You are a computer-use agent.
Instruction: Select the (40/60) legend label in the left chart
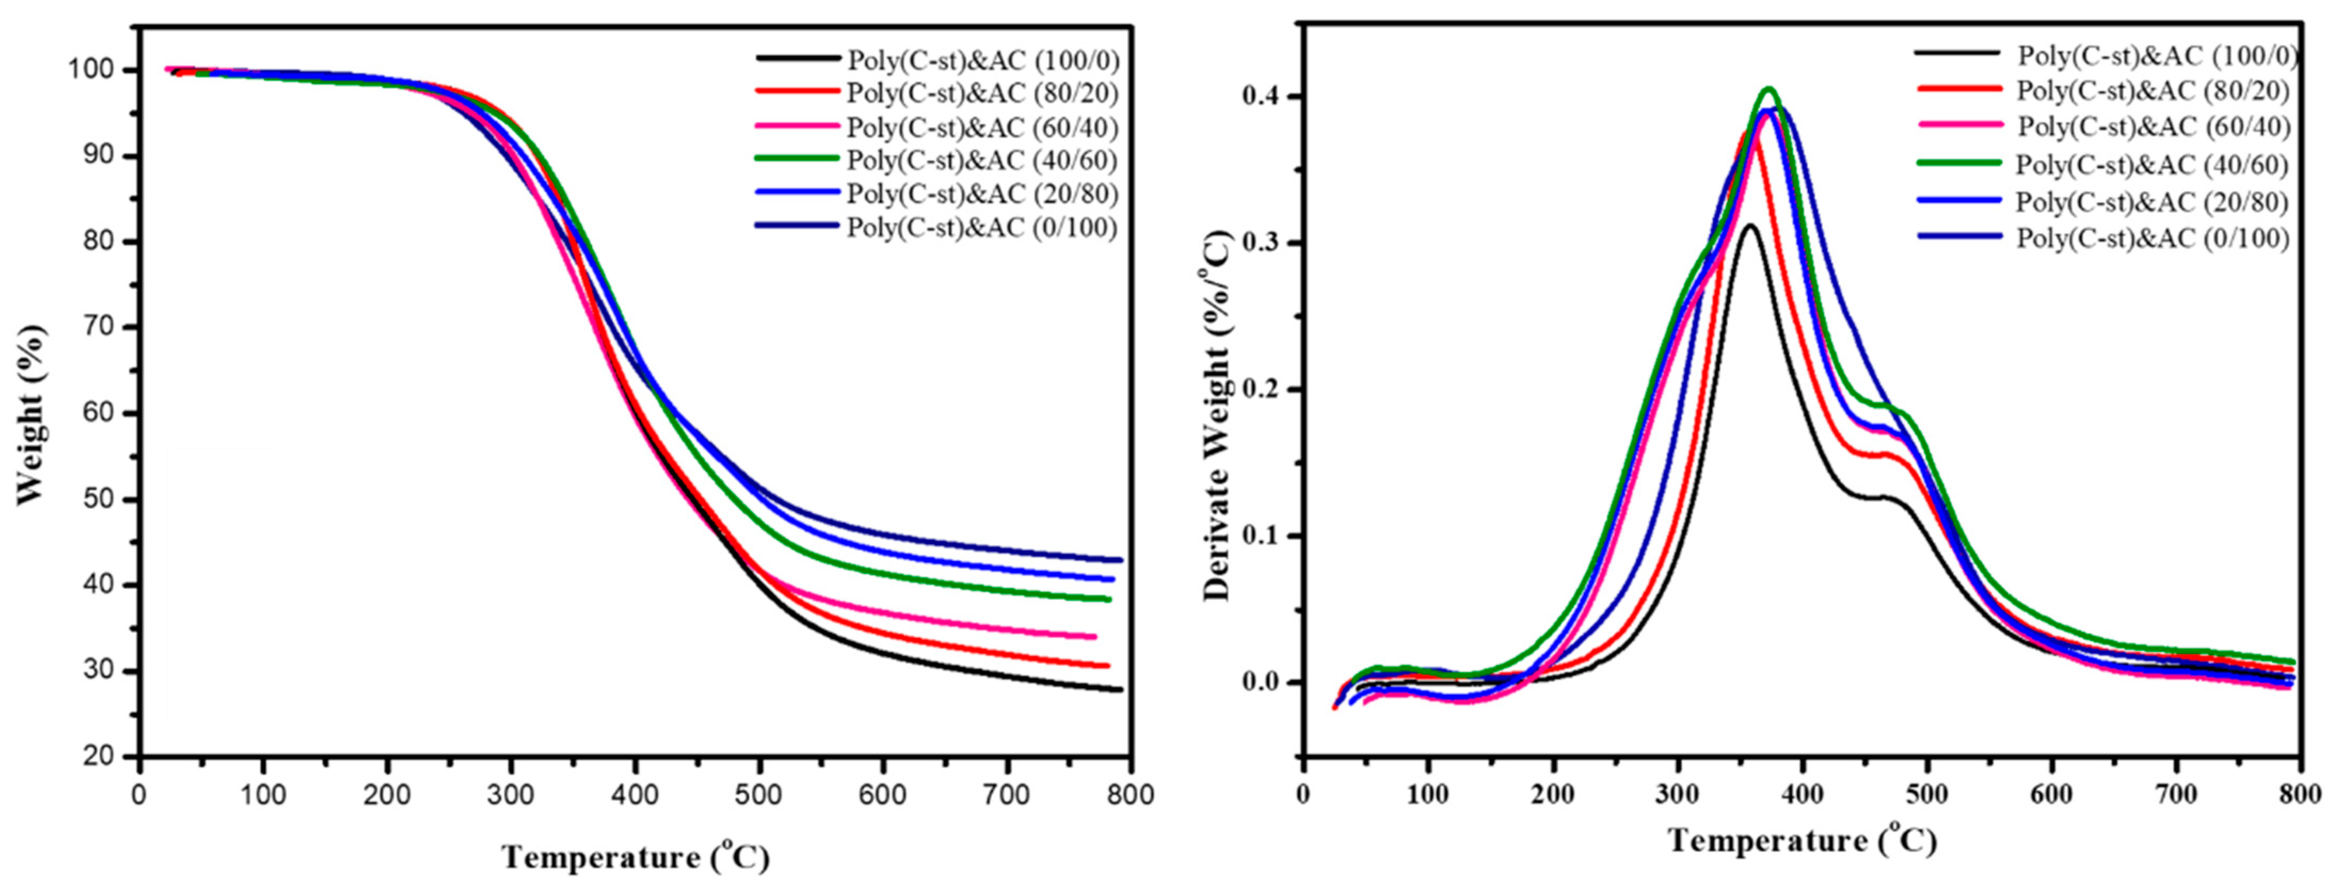(982, 160)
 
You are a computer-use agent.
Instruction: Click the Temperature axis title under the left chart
(636, 856)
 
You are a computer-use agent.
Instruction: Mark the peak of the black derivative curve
(1748, 225)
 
